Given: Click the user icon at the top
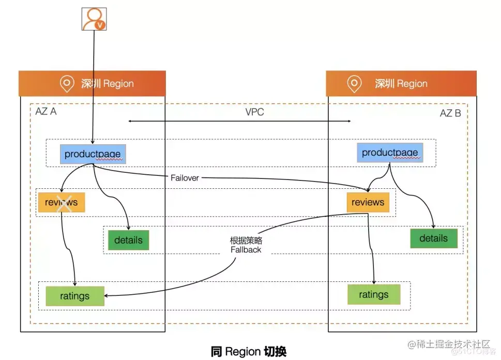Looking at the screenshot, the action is pyautogui.click(x=94, y=19).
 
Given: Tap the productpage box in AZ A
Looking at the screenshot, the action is pyautogui.click(x=93, y=154).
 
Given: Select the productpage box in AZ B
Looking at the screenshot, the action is pyautogui.click(x=390, y=153).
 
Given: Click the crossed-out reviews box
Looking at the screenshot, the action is pyautogui.click(x=62, y=202).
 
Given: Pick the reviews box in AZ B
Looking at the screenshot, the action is pyautogui.click(x=368, y=202).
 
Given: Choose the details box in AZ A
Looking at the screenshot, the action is pyautogui.click(x=128, y=240).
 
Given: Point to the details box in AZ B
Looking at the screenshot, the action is pyautogui.click(x=434, y=238).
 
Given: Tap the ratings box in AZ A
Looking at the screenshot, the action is pyautogui.click(x=75, y=296).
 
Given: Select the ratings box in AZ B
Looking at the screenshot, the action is pyautogui.click(x=374, y=294).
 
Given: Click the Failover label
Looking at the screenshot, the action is pyautogui.click(x=185, y=178).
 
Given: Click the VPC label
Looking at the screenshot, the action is pyautogui.click(x=255, y=112).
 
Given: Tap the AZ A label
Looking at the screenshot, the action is pyautogui.click(x=45, y=111).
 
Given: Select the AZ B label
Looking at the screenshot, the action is pyautogui.click(x=450, y=113).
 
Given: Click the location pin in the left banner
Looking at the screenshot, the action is pyautogui.click(x=67, y=83).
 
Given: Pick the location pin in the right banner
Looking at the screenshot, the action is pyautogui.click(x=354, y=83).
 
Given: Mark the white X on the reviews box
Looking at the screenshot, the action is pyautogui.click(x=64, y=203).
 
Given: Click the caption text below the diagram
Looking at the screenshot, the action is pyautogui.click(x=249, y=351).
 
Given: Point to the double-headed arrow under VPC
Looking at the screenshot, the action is pyautogui.click(x=239, y=121).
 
